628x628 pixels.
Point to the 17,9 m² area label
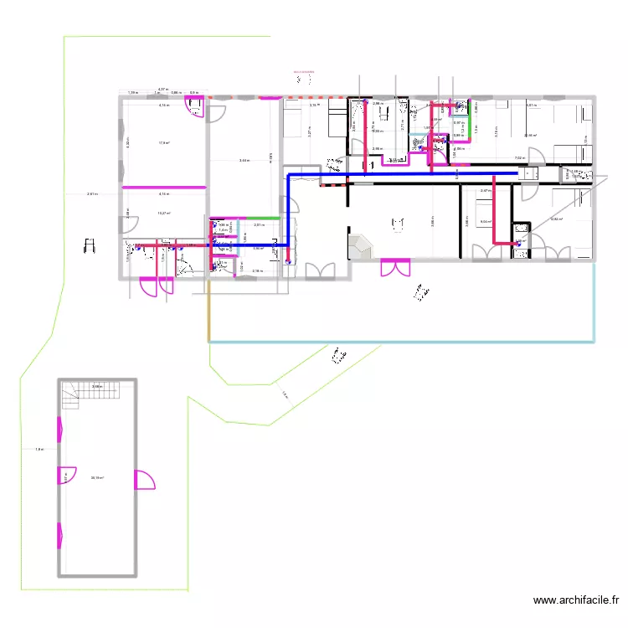pyautogui.click(x=164, y=143)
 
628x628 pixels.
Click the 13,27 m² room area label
pyautogui.click(x=164, y=213)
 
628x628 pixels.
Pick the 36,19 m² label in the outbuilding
pyautogui.click(x=97, y=478)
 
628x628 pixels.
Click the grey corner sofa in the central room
pyautogui.click(x=361, y=245)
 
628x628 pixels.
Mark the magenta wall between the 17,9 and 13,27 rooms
pyautogui.click(x=164, y=187)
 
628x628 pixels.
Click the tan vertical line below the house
pyautogui.click(x=208, y=310)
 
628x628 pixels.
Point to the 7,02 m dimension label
pyautogui.click(x=519, y=158)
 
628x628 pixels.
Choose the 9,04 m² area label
pyautogui.click(x=485, y=221)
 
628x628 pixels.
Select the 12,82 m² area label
pyautogui.click(x=555, y=219)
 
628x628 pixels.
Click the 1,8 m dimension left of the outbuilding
pyautogui.click(x=39, y=450)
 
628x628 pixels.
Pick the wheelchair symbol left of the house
pyautogui.click(x=90, y=246)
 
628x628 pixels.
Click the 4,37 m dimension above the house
pyautogui.click(x=164, y=88)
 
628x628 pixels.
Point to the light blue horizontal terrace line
pyautogui.click(x=402, y=342)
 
